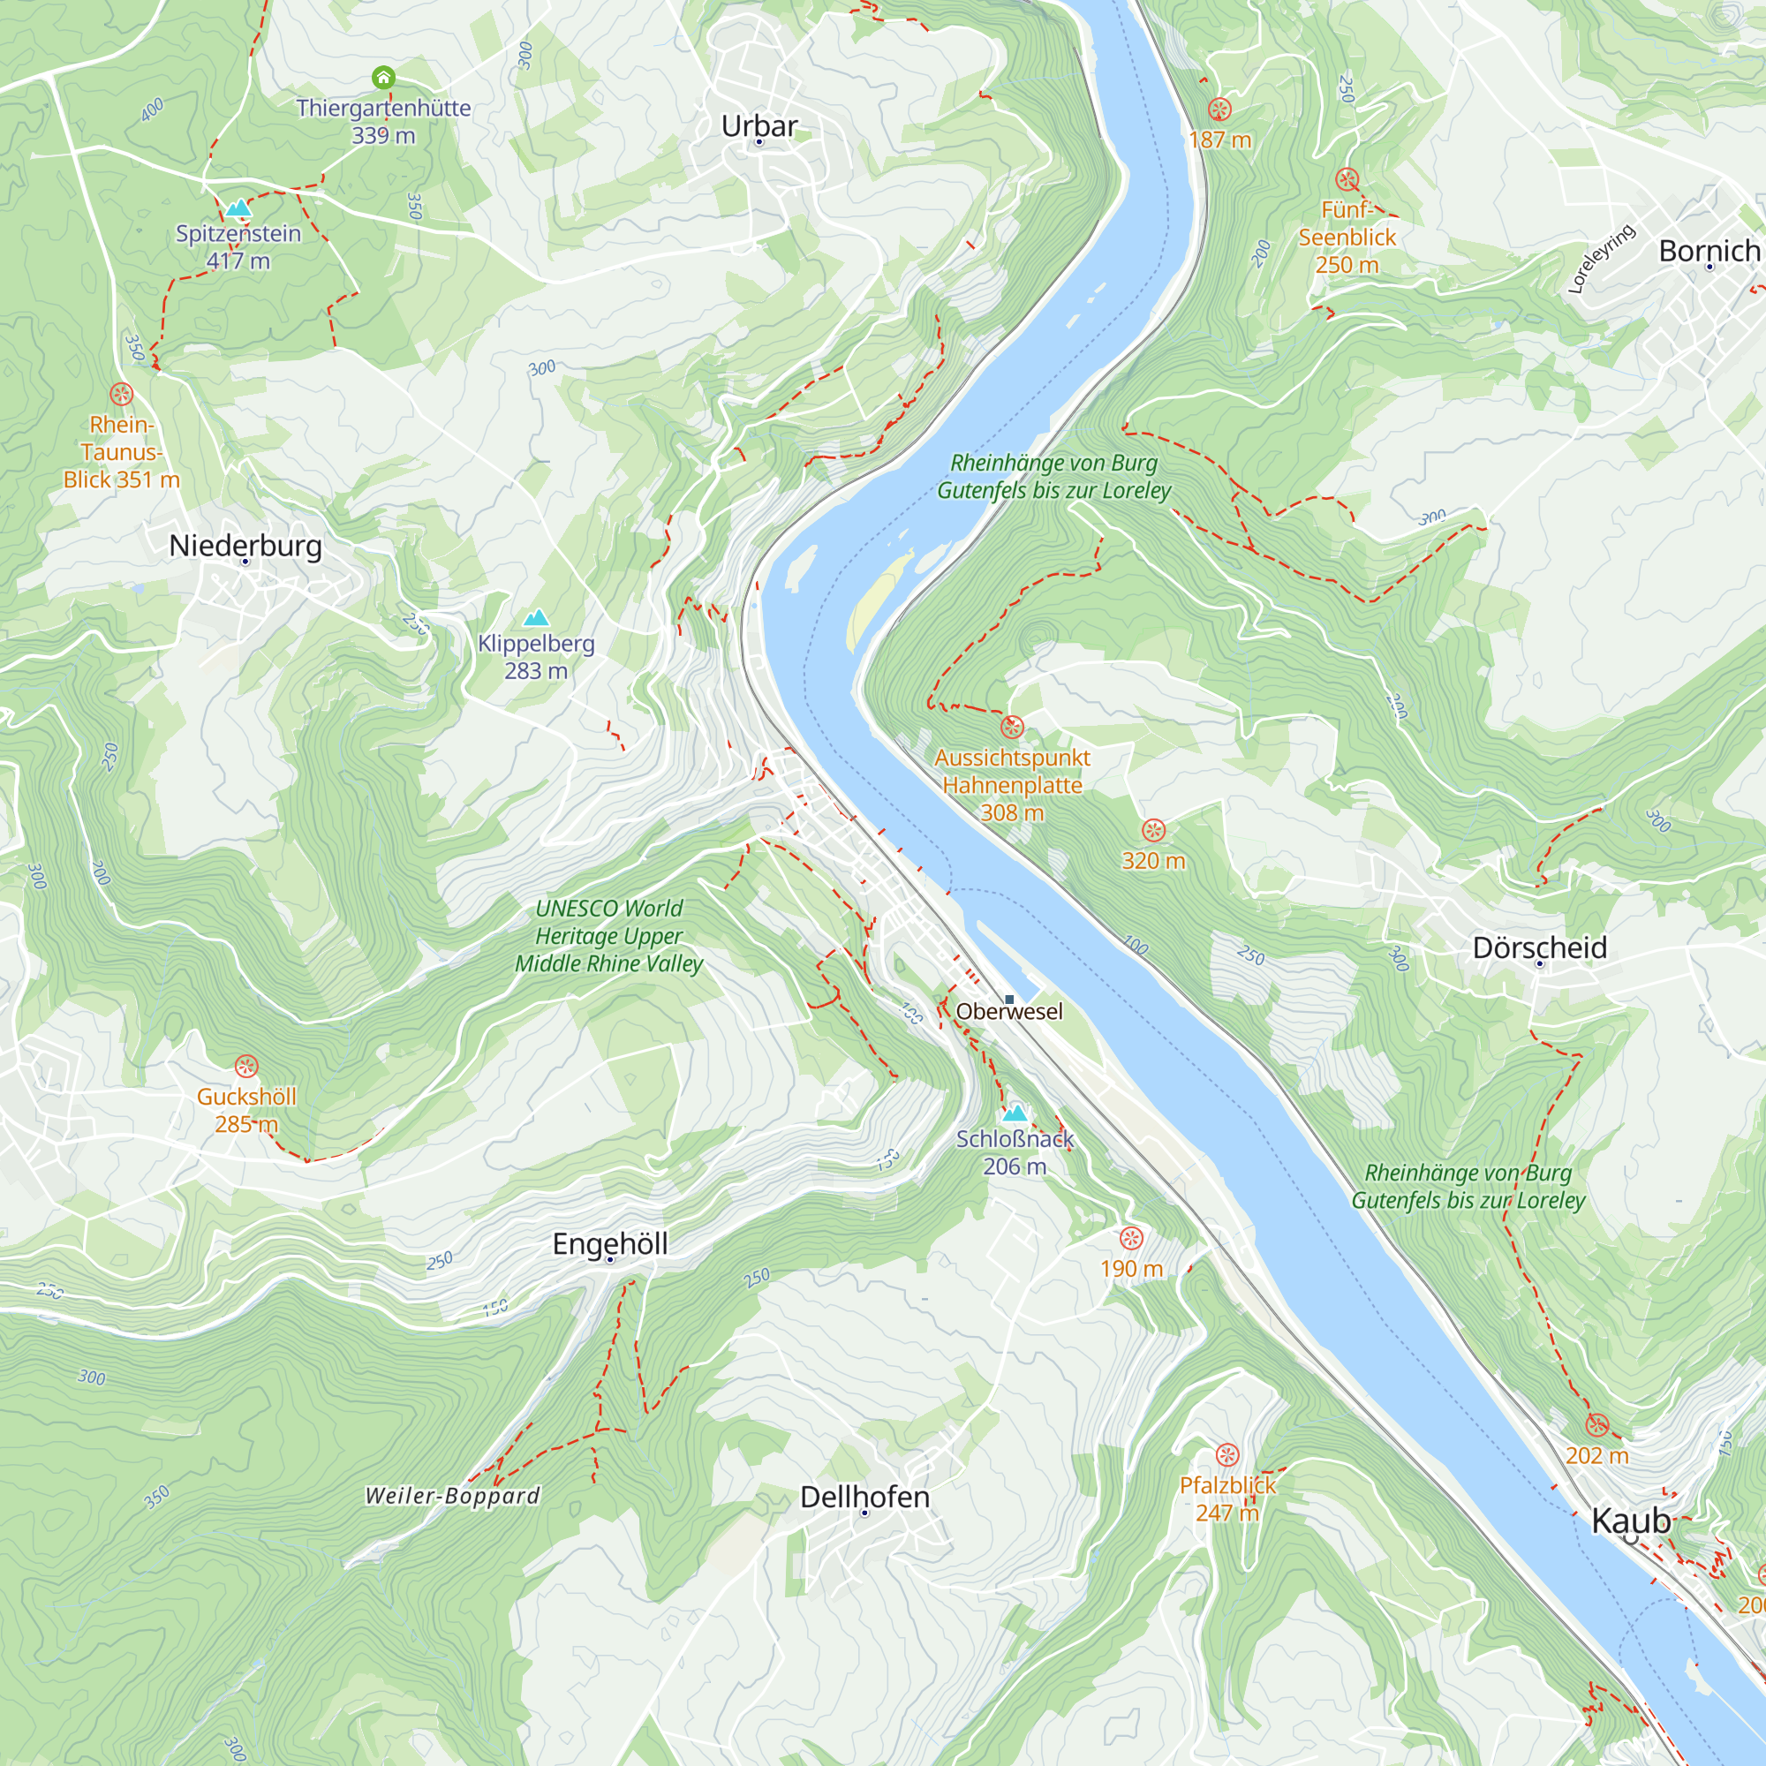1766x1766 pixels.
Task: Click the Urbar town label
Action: [758, 125]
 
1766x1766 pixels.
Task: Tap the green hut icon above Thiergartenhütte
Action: [384, 78]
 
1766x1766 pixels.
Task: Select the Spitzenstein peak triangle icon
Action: [238, 208]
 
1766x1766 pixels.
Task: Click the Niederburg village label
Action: [245, 546]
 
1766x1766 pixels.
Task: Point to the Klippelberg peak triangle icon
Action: [537, 618]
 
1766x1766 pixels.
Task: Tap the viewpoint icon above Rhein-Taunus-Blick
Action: [122, 394]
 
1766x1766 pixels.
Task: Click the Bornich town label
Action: [1709, 251]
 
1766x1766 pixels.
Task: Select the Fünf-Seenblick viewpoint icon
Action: [1347, 179]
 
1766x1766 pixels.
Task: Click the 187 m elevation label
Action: [1219, 140]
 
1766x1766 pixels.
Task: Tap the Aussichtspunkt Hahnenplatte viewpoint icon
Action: [1012, 727]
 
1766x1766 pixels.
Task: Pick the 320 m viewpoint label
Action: [1153, 860]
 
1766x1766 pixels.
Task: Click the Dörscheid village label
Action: [1539, 947]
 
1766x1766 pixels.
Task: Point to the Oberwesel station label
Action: [1009, 1011]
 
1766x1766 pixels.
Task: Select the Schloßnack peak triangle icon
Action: [1015, 1113]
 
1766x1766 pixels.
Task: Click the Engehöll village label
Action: [609, 1243]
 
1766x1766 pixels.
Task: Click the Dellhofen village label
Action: [864, 1497]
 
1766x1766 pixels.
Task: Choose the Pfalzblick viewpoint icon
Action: [1226, 1454]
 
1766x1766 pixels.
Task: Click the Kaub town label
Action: [1631, 1521]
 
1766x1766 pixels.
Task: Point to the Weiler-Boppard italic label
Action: [452, 1496]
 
